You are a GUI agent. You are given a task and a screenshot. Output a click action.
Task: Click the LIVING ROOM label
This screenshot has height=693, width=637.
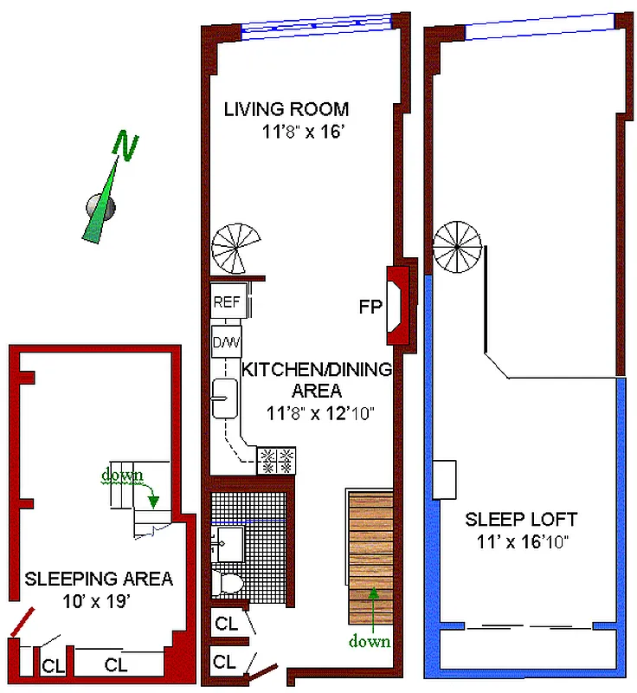coord(286,109)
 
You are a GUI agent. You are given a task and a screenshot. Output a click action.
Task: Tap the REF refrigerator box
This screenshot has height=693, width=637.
coord(226,301)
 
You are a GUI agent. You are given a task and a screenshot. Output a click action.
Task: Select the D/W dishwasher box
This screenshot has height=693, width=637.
coord(226,341)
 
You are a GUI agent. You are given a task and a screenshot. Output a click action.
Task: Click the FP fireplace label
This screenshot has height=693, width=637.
coord(370,307)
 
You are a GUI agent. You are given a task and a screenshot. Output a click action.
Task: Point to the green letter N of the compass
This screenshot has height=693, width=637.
coord(125,145)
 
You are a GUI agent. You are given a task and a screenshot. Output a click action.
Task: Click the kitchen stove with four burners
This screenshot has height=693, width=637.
coord(276,461)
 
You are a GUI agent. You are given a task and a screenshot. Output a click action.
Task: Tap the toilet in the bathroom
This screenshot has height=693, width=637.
coord(227,582)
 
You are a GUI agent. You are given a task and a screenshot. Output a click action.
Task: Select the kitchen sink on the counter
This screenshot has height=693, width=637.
coord(225,398)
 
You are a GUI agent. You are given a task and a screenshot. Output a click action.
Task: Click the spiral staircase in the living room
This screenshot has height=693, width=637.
coord(235,249)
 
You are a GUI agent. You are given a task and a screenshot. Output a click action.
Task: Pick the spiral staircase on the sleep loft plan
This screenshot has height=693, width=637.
coord(457,247)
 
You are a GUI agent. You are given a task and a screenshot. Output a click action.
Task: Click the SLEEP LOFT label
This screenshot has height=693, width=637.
coord(521,519)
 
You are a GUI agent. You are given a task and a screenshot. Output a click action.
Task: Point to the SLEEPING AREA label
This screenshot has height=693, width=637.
coord(99,579)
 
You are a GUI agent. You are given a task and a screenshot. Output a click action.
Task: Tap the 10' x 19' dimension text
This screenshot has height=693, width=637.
coord(96,601)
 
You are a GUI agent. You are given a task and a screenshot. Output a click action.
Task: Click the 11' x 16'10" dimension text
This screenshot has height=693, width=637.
coord(522,542)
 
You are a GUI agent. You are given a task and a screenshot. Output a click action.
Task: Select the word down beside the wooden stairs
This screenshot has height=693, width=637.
coord(370,641)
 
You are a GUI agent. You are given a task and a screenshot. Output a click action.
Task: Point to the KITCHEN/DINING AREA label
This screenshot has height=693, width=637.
coord(317,379)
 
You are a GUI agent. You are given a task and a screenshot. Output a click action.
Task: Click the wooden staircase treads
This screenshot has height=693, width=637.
coord(370,558)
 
